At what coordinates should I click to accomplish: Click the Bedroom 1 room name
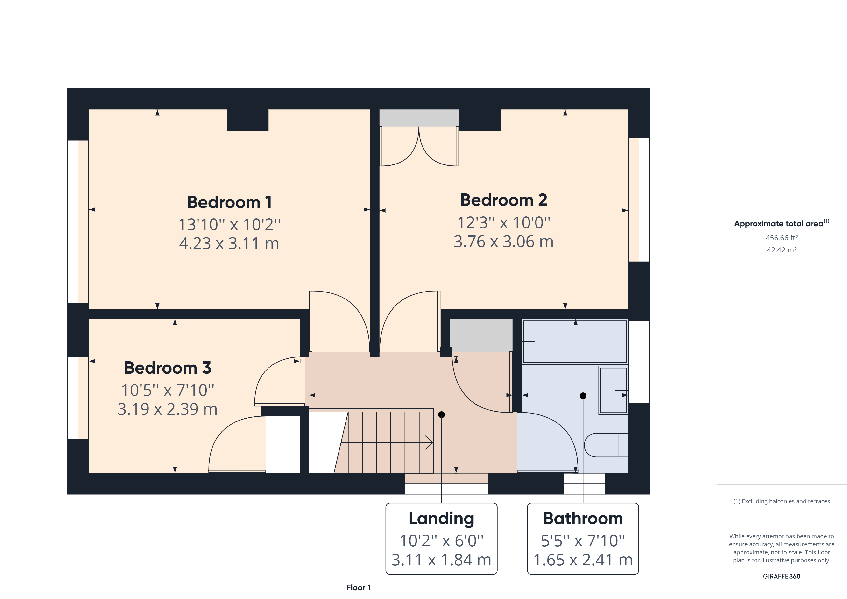click(229, 202)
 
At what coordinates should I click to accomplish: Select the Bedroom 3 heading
click(168, 368)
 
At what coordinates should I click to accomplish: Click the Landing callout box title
click(441, 519)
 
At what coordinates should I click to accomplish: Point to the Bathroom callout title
click(583, 519)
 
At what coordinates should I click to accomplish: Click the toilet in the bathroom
click(605, 445)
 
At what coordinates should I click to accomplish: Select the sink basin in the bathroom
click(613, 390)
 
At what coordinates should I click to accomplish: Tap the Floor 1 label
click(358, 588)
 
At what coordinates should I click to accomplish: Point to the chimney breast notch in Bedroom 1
click(247, 120)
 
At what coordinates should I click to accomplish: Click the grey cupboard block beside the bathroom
click(481, 335)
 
